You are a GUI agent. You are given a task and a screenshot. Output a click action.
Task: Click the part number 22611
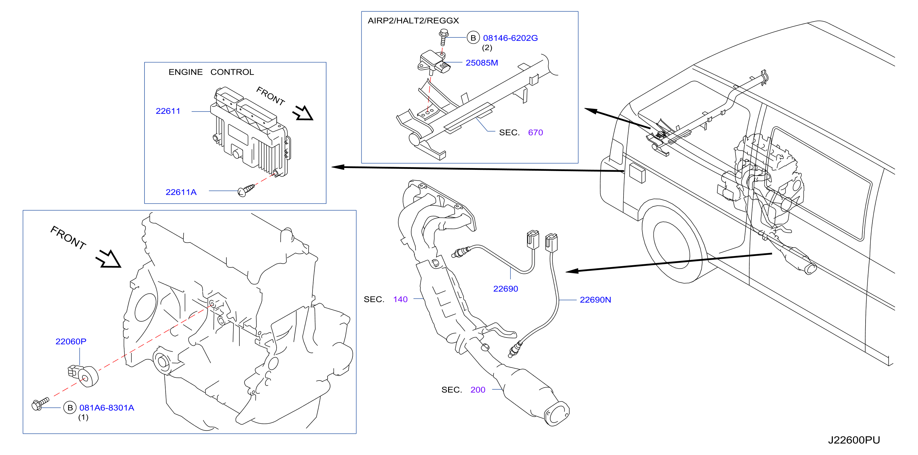pos(168,111)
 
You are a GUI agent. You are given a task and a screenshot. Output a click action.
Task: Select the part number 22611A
pos(181,193)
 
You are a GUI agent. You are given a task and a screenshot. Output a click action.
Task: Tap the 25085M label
pos(482,63)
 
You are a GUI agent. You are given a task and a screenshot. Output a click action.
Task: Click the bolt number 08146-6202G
pos(510,38)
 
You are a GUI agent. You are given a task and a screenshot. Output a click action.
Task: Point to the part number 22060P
pos(71,341)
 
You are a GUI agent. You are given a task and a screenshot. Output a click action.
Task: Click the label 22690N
pos(595,300)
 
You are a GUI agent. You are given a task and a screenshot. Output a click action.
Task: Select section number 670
pos(535,132)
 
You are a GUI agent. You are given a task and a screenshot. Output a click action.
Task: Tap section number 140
pos(400,299)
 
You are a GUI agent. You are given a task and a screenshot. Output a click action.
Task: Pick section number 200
pos(478,390)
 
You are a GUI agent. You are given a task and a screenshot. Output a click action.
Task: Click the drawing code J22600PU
pos(854,440)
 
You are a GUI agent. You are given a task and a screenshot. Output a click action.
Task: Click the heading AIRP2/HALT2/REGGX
pos(413,21)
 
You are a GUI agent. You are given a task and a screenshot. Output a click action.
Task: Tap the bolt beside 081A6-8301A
pos(40,404)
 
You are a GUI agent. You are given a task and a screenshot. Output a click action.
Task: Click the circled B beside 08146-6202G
pos(473,38)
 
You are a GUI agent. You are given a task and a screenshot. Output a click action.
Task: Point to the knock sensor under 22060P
pos(83,376)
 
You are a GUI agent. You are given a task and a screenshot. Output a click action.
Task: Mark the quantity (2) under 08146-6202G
pos(487,48)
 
